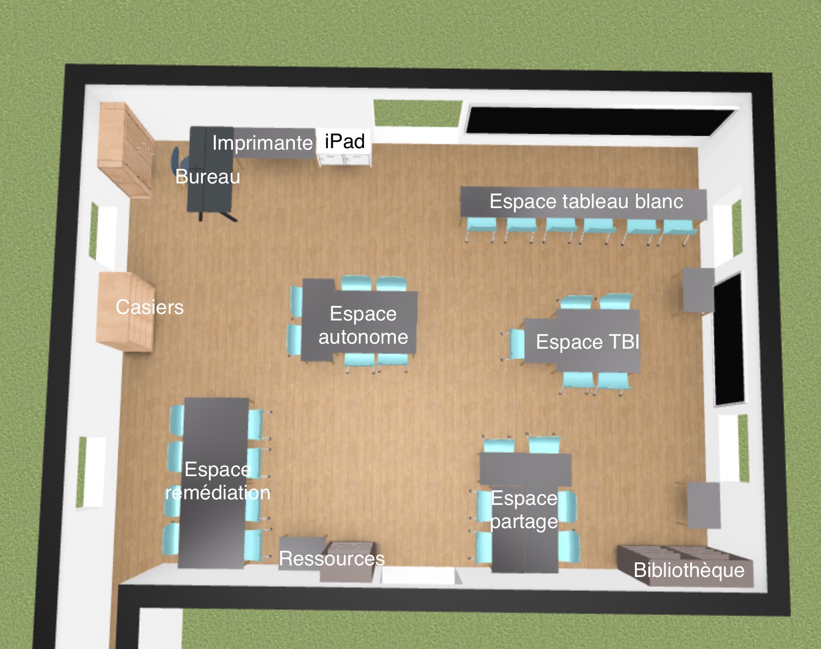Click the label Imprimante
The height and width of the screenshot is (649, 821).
(262, 144)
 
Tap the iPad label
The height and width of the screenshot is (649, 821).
(345, 142)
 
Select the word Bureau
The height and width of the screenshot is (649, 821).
(208, 176)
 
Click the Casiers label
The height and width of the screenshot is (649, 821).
(150, 307)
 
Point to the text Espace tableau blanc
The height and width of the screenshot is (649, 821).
(587, 201)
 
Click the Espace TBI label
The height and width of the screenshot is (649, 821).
(588, 341)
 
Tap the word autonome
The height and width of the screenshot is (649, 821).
(363, 337)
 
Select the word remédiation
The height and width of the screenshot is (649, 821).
(218, 493)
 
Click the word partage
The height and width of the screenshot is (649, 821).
(524, 522)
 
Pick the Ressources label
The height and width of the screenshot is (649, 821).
(332, 559)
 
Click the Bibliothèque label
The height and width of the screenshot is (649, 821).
(689, 570)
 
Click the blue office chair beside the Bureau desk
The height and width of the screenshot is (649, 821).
(177, 161)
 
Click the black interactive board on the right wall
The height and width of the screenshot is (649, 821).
(729, 340)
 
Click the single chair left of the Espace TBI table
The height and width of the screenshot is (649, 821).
(515, 344)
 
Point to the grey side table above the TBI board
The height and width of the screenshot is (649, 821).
(698, 290)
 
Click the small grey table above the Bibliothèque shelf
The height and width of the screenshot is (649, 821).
(703, 505)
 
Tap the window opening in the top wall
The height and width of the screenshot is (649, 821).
(418, 113)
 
